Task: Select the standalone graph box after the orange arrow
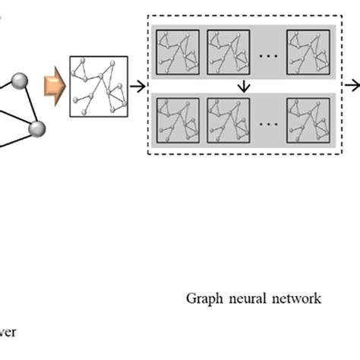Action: [x=97, y=87]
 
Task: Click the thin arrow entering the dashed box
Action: [x=137, y=87]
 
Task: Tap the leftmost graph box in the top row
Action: [x=176, y=52]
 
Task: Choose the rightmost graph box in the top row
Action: [x=308, y=52]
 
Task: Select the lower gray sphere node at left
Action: [x=36, y=130]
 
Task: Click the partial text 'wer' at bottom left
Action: [x=8, y=331]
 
